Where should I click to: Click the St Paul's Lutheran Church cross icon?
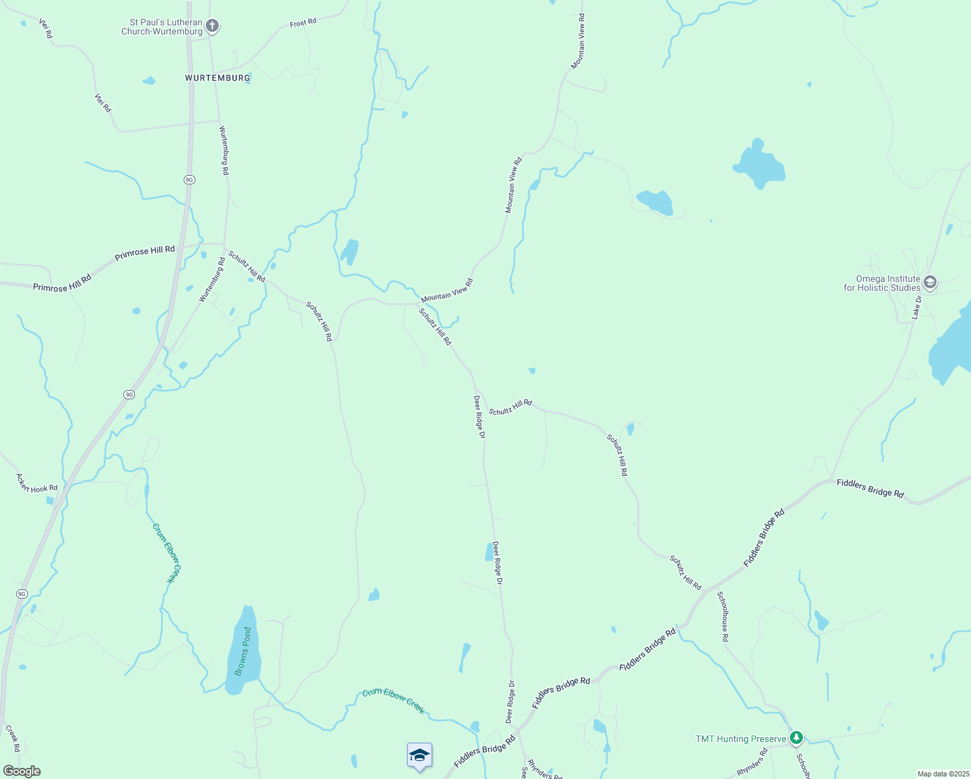[212, 27]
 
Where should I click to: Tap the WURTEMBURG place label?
[217, 78]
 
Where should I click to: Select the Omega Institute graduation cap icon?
[930, 282]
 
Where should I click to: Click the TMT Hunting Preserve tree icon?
[796, 738]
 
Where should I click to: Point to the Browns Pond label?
[243, 651]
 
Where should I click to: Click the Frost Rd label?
[303, 23]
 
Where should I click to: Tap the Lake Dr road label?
[916, 307]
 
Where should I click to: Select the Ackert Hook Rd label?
[37, 483]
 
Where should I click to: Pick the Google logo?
[21, 771]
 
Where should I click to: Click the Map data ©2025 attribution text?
[942, 774]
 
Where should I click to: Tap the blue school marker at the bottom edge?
[419, 756]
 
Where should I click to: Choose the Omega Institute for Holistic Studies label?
[882, 283]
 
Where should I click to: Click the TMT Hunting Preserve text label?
[741, 739]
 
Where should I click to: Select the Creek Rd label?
[13, 738]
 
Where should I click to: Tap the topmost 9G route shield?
[189, 180]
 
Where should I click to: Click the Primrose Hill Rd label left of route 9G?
[62, 282]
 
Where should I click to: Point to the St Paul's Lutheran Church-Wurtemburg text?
[162, 27]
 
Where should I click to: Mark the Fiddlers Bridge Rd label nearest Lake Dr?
[870, 488]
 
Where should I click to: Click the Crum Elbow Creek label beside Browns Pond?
[167, 553]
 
